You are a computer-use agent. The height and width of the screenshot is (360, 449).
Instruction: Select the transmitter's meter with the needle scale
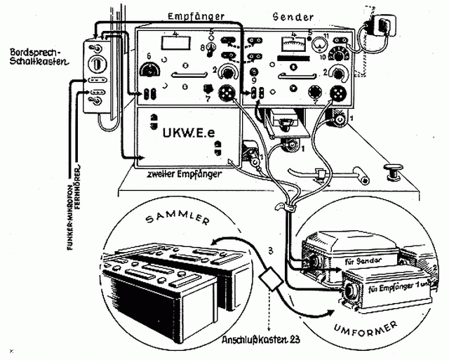pyautogui.click(x=290, y=47)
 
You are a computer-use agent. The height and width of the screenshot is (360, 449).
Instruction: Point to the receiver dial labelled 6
pyautogui.click(x=149, y=70)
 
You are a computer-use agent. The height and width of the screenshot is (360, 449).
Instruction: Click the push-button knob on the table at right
pyautogui.click(x=393, y=168)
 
